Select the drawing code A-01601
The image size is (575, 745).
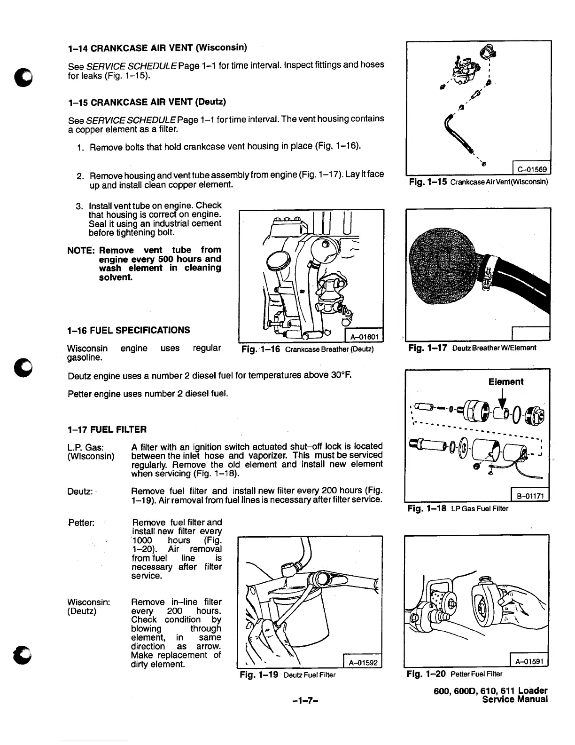365,336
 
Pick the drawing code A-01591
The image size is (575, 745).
528,662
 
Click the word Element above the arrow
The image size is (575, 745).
505,382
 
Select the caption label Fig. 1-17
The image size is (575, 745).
427,348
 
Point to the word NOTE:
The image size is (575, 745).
81,250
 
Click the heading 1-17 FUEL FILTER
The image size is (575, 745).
107,429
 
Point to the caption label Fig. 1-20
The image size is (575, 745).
427,674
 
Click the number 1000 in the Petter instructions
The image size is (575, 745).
142,540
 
